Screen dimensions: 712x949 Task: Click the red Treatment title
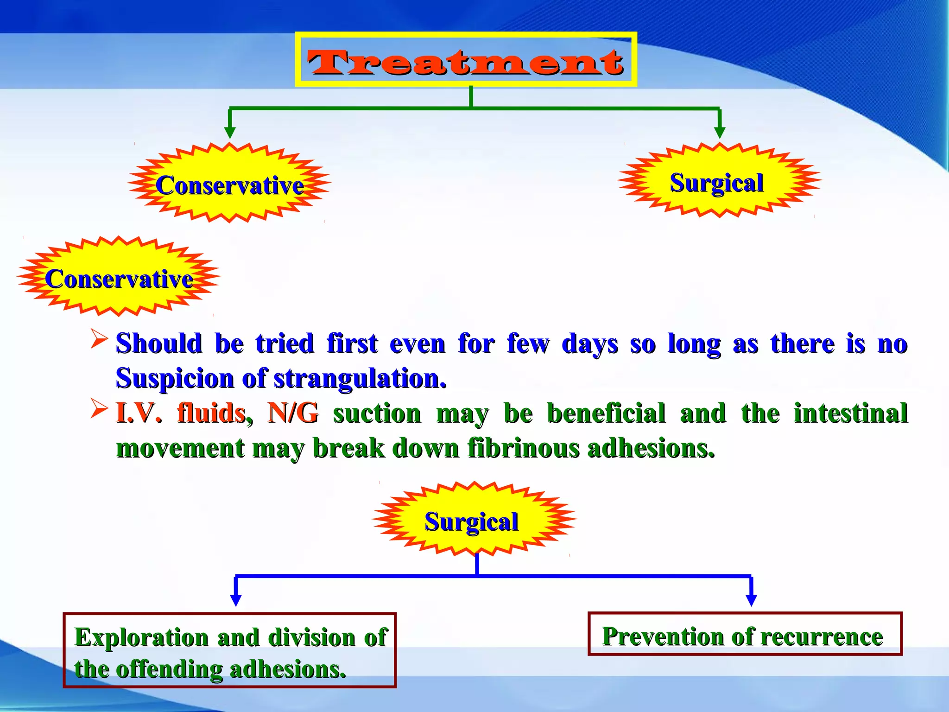465,62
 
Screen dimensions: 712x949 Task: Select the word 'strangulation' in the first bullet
360,379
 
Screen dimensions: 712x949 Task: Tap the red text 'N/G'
293,413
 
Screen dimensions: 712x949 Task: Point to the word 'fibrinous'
523,448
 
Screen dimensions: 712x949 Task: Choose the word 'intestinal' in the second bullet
850,413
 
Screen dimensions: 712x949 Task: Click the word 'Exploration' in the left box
141,637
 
